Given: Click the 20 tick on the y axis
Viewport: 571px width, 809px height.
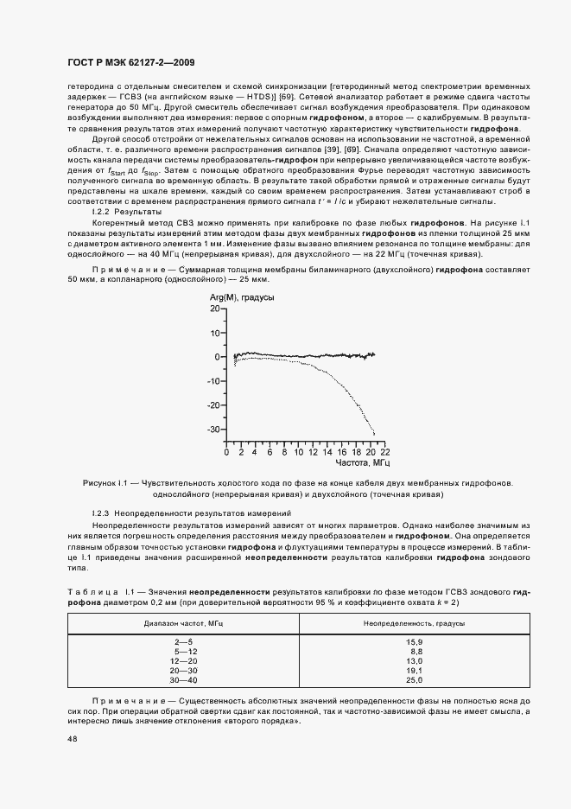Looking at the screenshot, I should point(215,309).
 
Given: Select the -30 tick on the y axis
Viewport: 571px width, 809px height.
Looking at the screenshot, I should point(213,430).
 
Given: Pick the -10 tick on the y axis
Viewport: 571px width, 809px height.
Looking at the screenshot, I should point(213,381).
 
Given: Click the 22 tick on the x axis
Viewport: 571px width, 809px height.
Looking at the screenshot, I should point(384,452).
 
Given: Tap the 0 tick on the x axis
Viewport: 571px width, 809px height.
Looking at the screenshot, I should point(226,452).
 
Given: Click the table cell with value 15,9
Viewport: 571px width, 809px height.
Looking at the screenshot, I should point(415,641).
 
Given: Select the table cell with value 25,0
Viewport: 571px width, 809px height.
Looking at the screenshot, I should point(415,679).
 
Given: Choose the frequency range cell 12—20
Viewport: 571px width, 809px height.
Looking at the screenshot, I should point(187,660).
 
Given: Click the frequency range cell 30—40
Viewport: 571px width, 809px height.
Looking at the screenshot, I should point(187,679).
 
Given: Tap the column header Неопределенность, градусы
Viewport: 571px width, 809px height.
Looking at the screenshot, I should point(415,622).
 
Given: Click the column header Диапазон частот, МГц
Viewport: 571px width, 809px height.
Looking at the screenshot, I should point(187,622).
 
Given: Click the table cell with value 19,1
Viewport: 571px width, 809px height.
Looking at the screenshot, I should point(415,670).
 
